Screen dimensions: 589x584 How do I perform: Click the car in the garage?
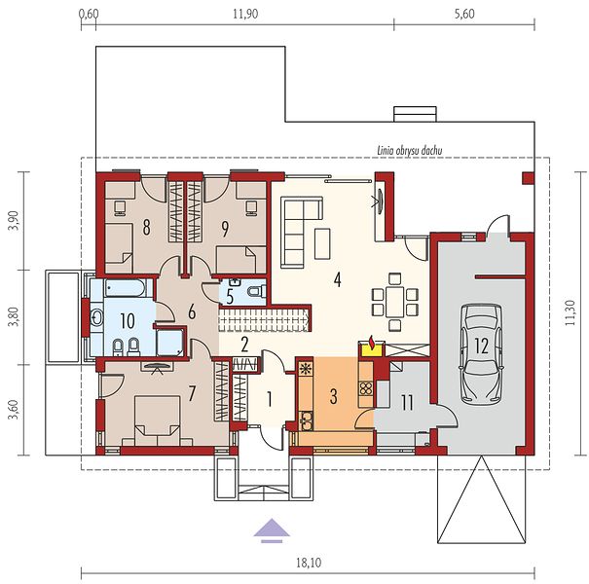pos(481,353)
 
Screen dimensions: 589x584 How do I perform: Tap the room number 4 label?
pos(337,279)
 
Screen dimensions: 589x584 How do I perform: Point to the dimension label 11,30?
pos(571,312)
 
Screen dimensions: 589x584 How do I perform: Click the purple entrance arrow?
pos(272,531)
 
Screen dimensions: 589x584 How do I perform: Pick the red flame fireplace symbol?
pos(372,344)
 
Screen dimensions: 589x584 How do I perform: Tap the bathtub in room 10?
pos(125,288)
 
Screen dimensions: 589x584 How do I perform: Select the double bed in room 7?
pos(157,420)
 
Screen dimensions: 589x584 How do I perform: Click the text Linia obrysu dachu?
pos(410,151)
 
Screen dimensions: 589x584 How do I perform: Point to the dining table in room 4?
pos(394,302)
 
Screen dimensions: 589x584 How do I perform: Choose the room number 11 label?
pos(407,402)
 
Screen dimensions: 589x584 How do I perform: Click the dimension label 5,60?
pos(464,14)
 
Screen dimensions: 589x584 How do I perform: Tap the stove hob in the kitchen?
pos(366,388)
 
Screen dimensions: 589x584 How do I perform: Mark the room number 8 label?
pos(146,227)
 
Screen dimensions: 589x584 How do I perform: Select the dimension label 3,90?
pos(14,221)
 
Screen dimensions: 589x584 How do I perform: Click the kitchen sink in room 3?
pos(307,420)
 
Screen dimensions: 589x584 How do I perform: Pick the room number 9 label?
pos(225,229)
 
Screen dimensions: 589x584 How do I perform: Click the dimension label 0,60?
pos(89,14)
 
